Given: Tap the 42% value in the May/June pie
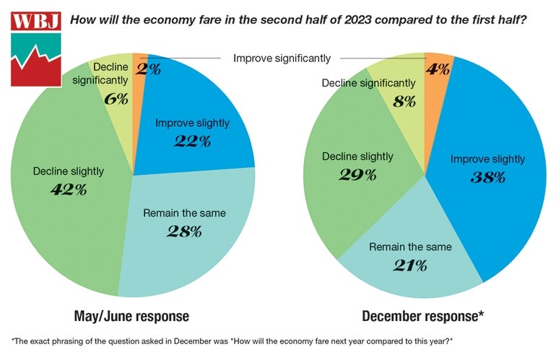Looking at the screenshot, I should pyautogui.click(x=69, y=190).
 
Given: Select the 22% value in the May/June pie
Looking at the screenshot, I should pyautogui.click(x=192, y=141).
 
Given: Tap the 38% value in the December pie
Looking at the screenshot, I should pyautogui.click(x=487, y=177).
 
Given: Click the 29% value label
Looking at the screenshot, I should pyautogui.click(x=359, y=174).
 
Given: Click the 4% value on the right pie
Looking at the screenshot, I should pyautogui.click(x=438, y=69).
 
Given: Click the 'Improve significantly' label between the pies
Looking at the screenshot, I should pyautogui.click(x=282, y=58).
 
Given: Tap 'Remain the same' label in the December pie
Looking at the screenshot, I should pyautogui.click(x=410, y=247).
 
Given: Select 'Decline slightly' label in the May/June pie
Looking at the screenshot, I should pyautogui.click(x=69, y=172).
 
